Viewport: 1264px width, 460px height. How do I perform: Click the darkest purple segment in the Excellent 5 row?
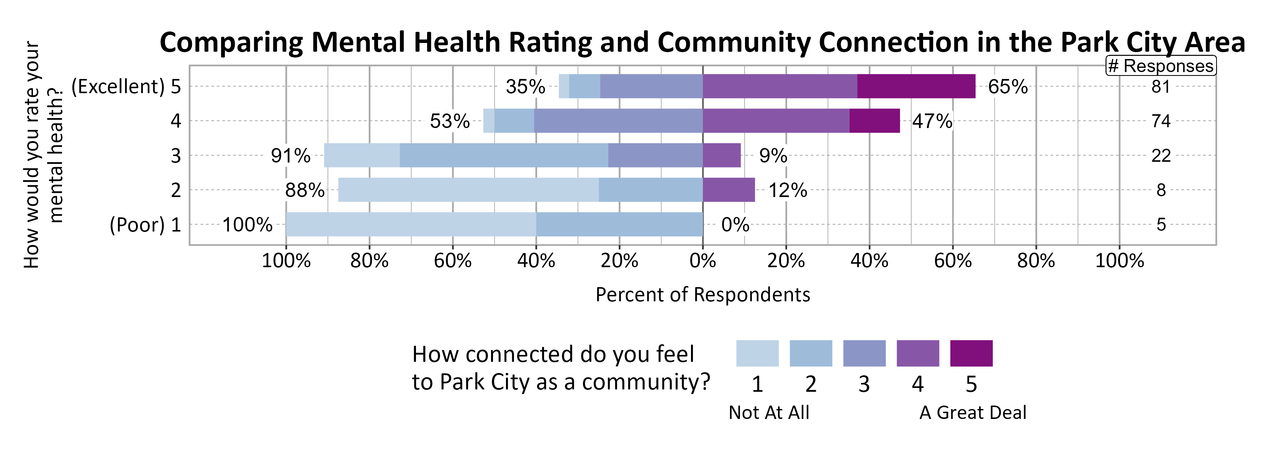click(915, 86)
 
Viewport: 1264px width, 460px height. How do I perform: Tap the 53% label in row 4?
click(449, 121)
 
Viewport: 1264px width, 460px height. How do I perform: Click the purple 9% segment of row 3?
click(721, 156)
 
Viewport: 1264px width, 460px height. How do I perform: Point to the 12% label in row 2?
click(787, 190)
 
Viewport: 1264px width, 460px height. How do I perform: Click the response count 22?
click(1161, 156)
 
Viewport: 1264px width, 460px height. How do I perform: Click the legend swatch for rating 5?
click(971, 353)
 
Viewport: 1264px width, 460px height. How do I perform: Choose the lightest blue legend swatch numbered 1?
click(757, 353)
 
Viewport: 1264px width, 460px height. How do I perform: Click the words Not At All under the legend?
click(768, 413)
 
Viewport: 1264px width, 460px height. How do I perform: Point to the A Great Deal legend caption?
click(973, 413)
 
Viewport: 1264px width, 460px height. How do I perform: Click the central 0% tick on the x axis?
click(702, 261)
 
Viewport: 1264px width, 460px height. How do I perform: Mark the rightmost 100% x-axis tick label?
click(1119, 261)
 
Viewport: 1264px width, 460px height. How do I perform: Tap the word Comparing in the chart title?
click(231, 43)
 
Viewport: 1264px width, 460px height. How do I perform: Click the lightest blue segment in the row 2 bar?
click(468, 190)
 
